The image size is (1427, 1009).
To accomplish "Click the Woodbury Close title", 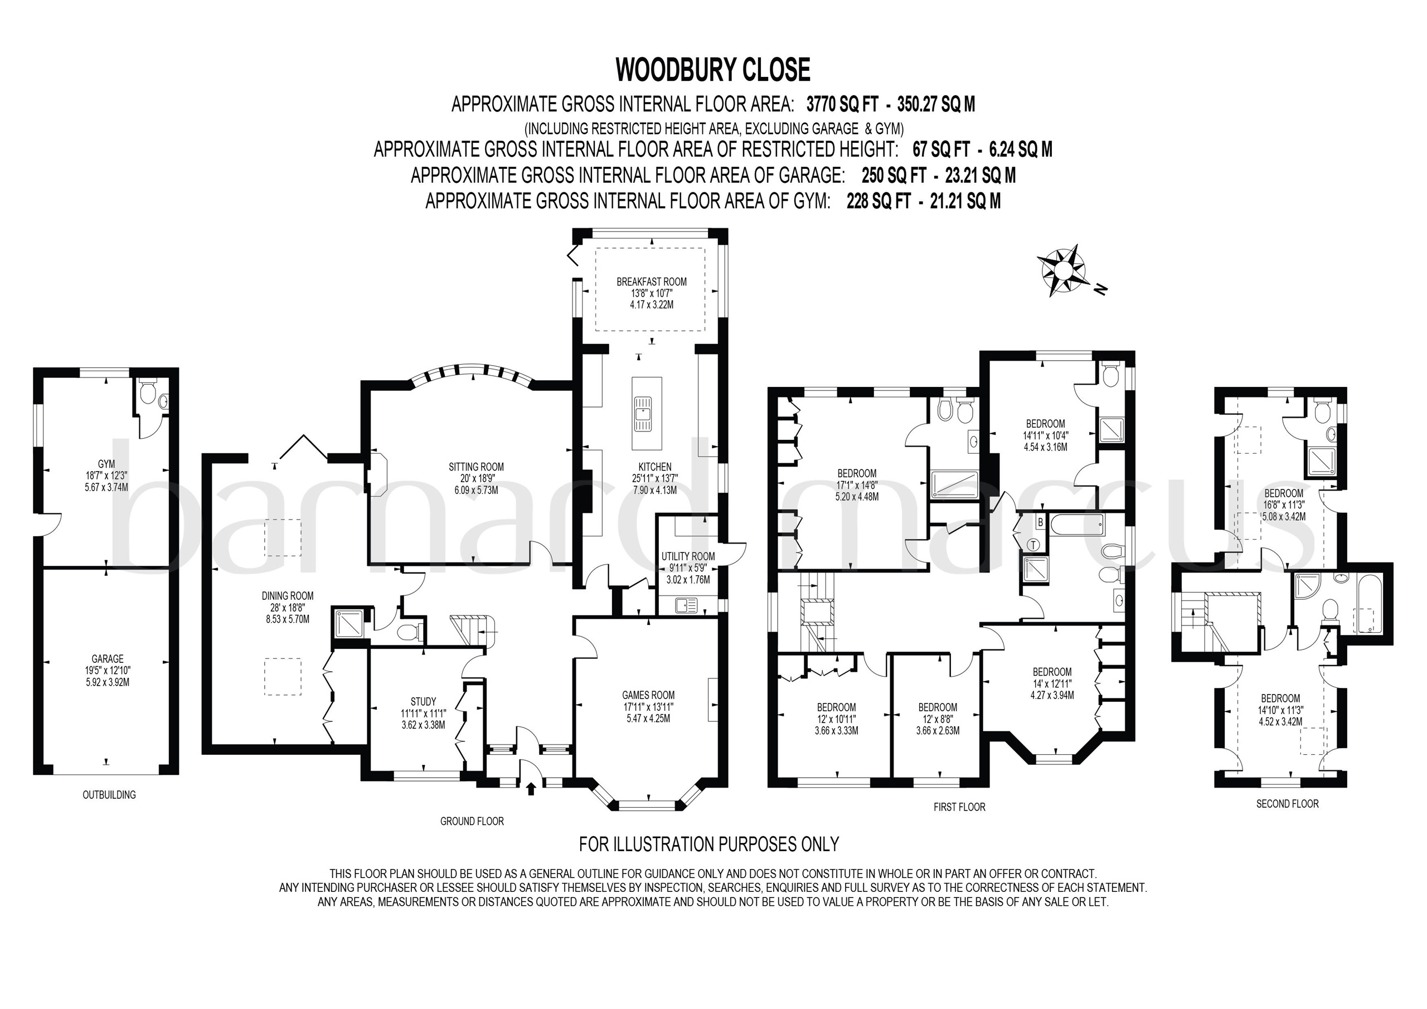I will [713, 70].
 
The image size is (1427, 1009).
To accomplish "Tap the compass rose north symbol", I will [1064, 271].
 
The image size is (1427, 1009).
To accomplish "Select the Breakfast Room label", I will [652, 293].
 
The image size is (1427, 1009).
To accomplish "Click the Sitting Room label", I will [476, 478].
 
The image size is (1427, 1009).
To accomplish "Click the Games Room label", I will [648, 706].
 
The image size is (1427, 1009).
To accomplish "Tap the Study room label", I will [423, 712].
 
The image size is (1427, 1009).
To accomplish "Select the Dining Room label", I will [287, 607].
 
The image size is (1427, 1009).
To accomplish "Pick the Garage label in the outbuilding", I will [108, 670].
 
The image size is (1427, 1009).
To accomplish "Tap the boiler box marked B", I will [1040, 522].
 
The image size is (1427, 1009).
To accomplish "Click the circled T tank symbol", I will [1033, 545].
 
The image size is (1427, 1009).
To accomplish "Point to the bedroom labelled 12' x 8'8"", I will [937, 719].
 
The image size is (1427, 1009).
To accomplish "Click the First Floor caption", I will [959, 807].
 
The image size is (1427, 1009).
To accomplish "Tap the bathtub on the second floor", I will [1368, 603].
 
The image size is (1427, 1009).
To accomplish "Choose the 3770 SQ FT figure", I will [842, 104].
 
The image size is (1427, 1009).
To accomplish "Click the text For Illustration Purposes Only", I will [709, 843].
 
